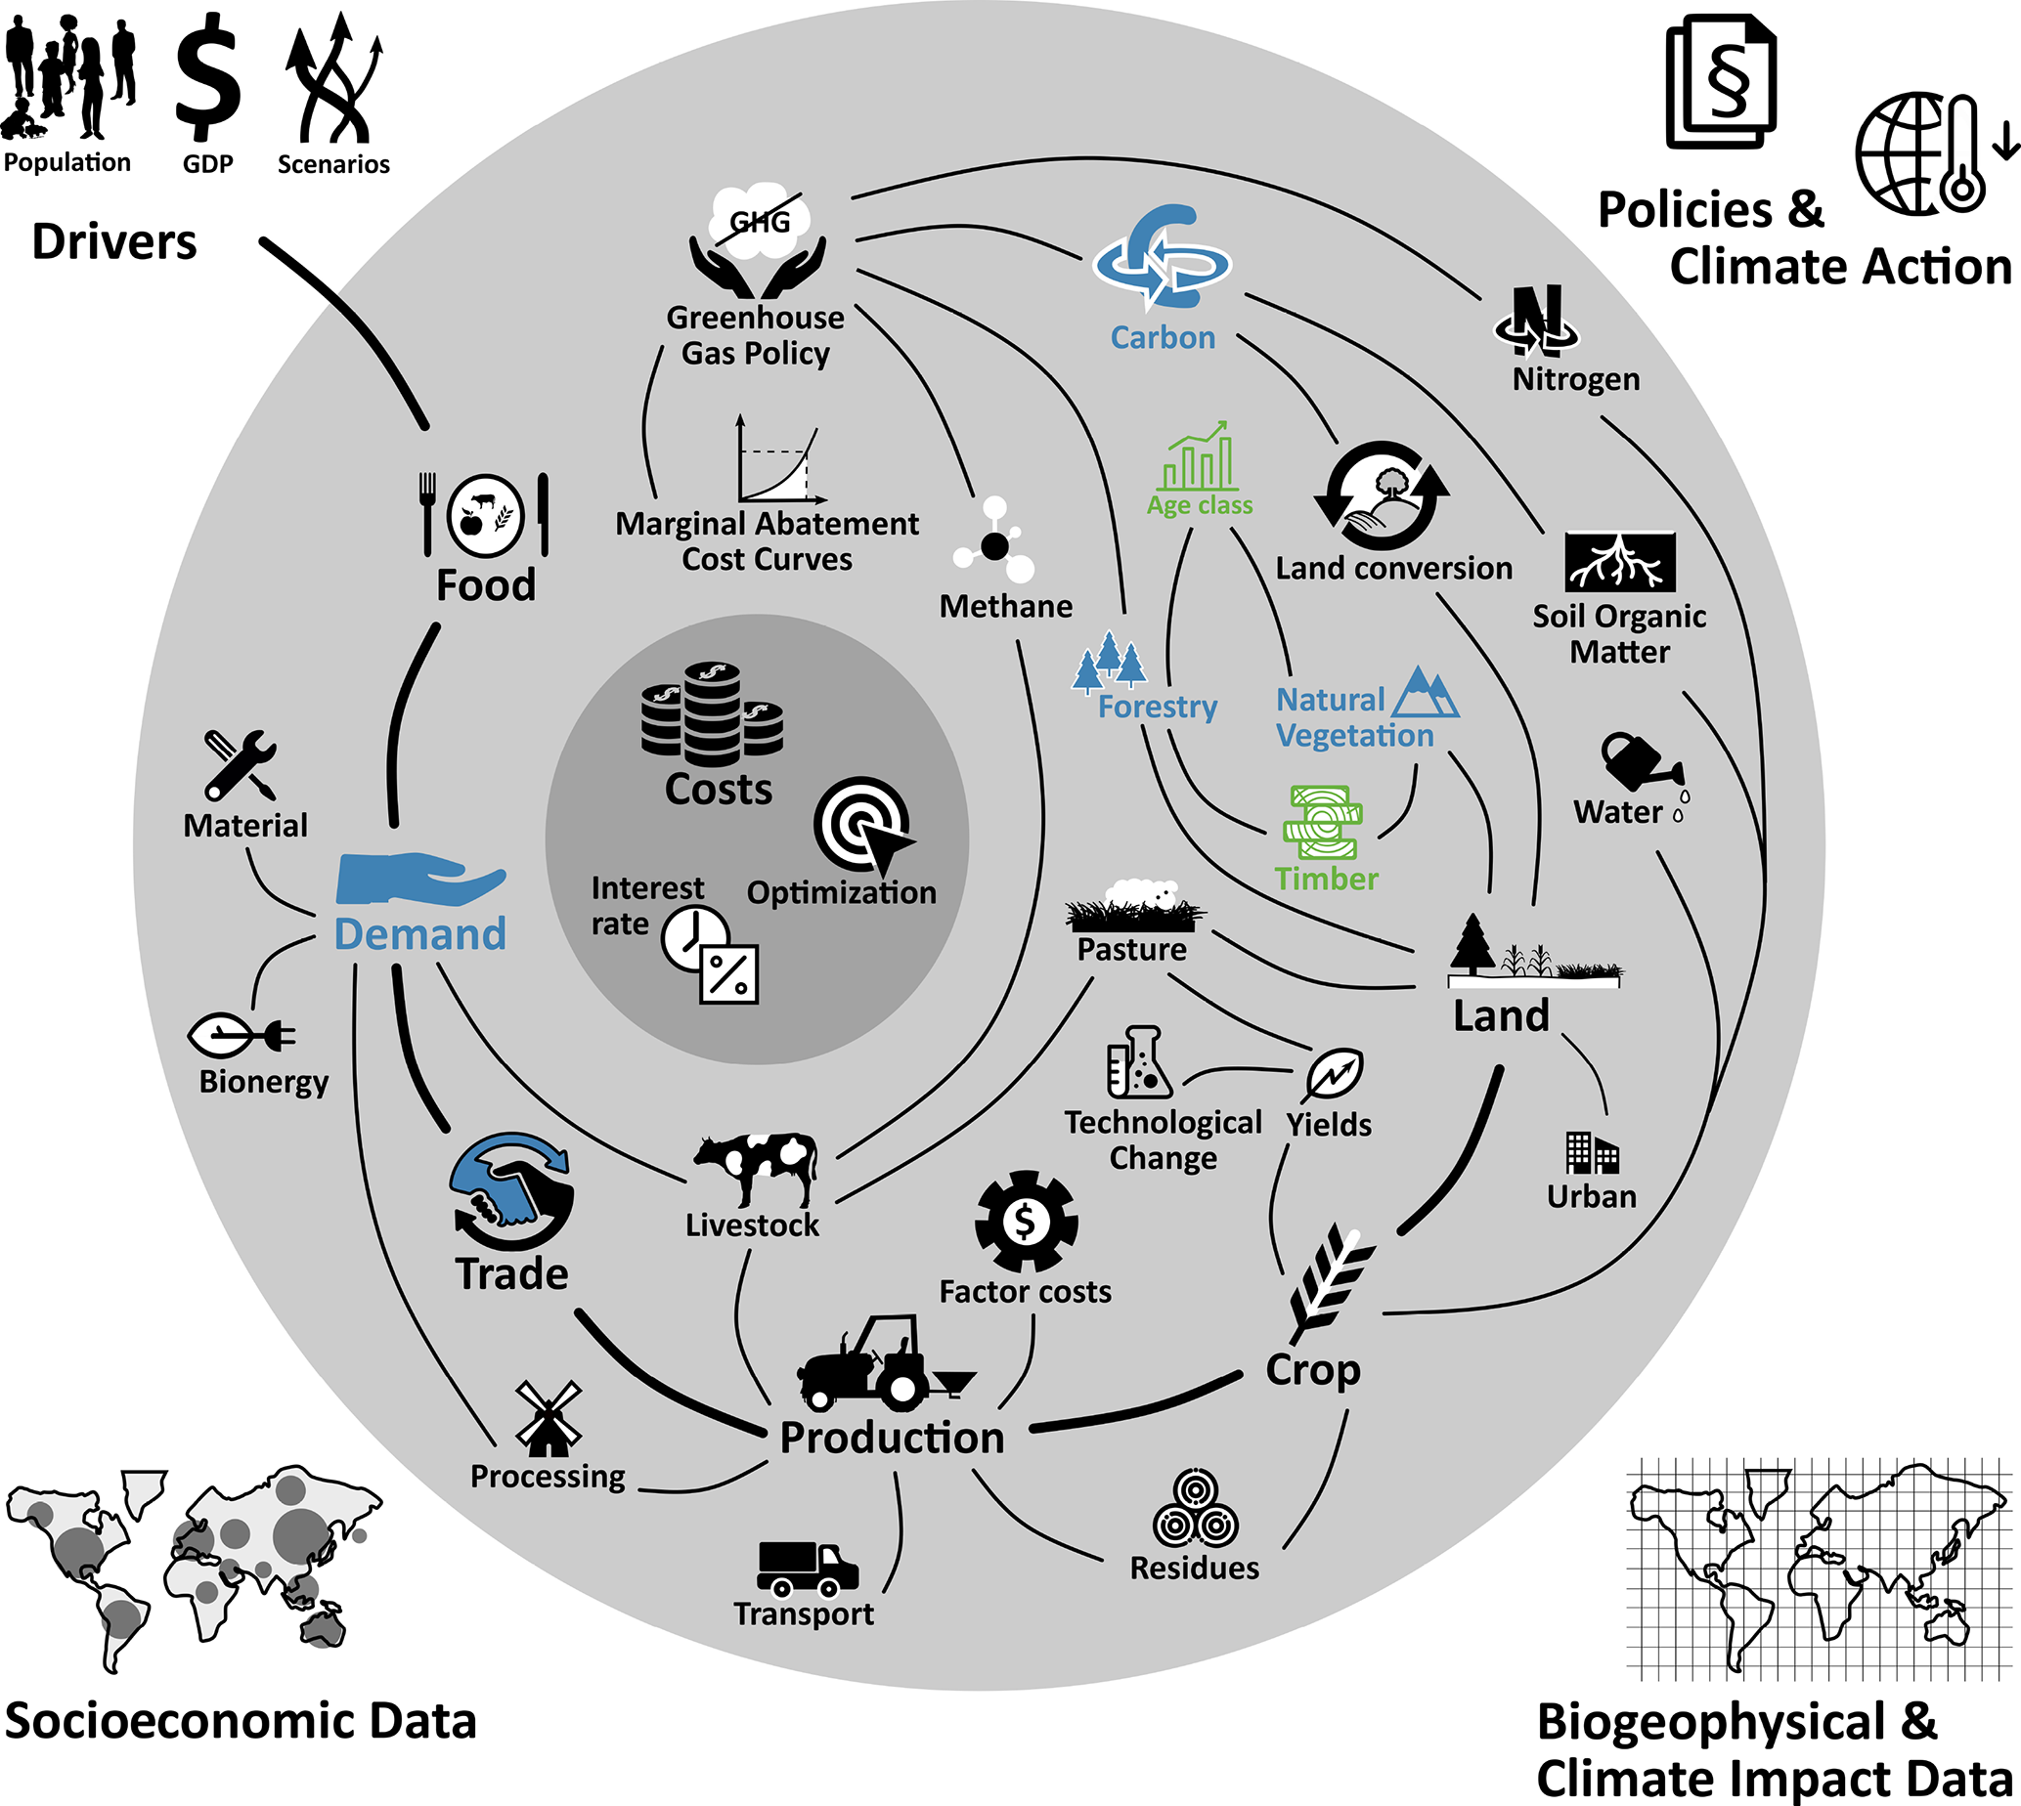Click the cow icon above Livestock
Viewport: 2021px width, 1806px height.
757,1168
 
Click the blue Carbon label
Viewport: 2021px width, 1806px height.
1163,338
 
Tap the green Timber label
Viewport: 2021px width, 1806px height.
1326,880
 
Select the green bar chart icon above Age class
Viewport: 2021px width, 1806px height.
1200,457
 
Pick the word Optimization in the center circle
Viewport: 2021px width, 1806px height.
841,893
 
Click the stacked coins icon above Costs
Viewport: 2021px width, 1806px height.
712,714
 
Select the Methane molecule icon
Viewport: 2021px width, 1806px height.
994,543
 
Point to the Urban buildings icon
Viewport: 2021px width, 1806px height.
1592,1153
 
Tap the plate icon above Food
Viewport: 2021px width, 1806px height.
485,516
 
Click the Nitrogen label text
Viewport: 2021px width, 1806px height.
1575,380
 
